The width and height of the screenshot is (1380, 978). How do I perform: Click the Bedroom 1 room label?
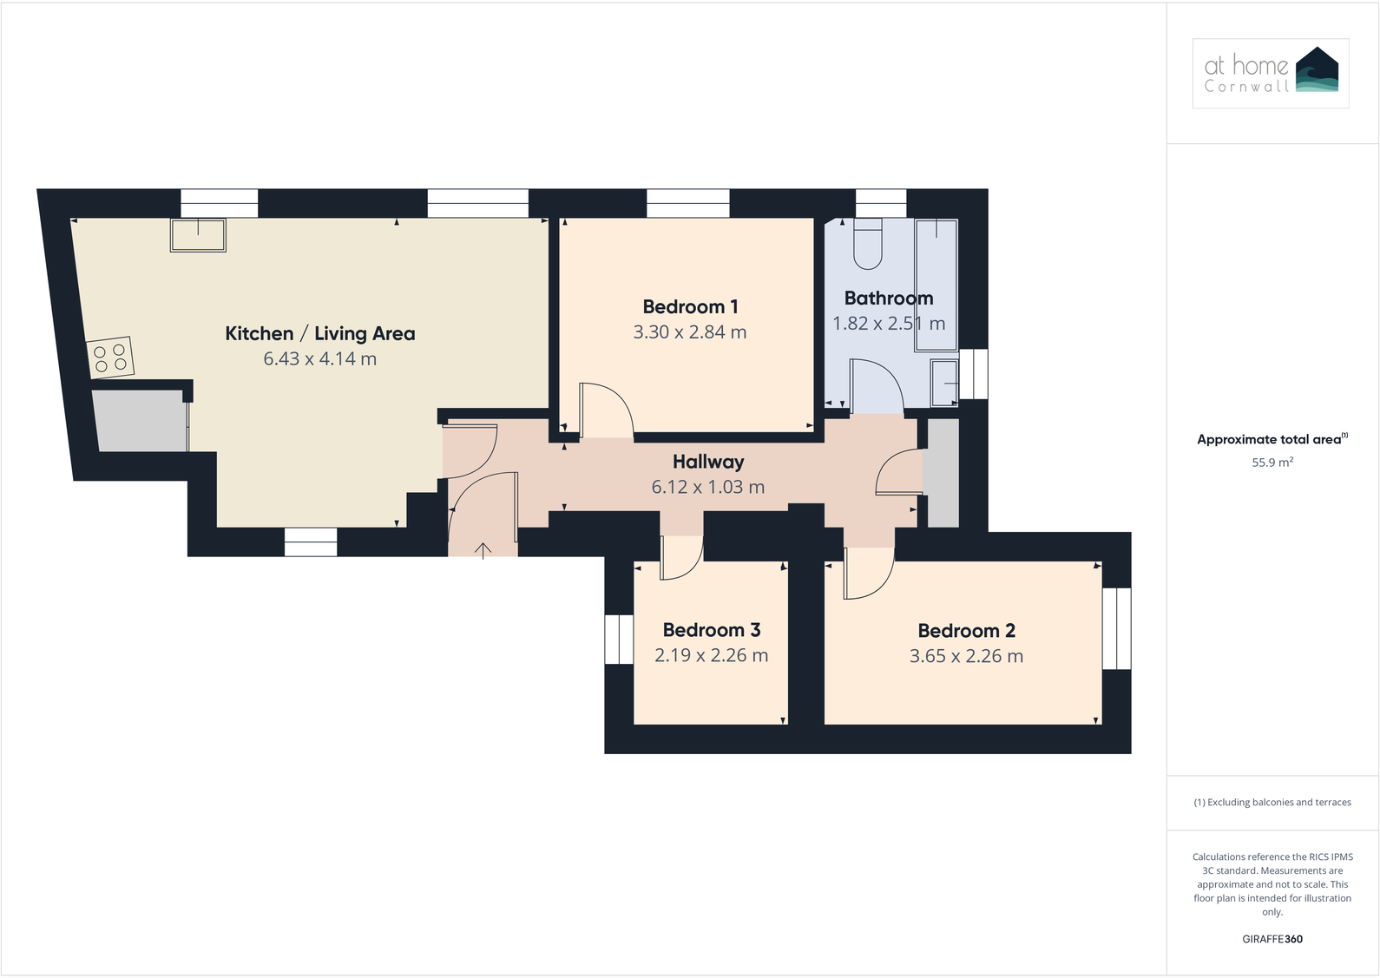[690, 307]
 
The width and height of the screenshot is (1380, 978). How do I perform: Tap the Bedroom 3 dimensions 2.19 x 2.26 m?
[711, 656]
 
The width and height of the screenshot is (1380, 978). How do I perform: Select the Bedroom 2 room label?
[966, 631]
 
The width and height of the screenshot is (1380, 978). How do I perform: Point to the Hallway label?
[708, 463]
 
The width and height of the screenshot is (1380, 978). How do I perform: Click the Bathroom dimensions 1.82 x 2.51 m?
[888, 324]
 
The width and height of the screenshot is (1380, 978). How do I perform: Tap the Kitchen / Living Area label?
[319, 334]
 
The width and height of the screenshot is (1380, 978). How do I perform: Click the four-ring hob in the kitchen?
[110, 358]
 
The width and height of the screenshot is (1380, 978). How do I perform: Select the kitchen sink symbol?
[198, 235]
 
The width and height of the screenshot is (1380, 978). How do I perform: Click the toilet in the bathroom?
[868, 243]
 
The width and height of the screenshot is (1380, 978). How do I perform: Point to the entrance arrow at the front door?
[483, 549]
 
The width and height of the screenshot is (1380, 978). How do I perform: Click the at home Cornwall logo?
[1270, 73]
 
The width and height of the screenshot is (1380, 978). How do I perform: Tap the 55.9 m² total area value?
[1272, 463]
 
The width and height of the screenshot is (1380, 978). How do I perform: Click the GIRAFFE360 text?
[1272, 939]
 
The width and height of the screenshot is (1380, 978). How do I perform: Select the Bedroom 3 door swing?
[680, 557]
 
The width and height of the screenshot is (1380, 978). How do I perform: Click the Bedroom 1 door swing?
[605, 410]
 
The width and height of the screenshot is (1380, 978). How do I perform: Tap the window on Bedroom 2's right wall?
[1116, 629]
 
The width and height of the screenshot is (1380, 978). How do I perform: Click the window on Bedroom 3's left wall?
[619, 640]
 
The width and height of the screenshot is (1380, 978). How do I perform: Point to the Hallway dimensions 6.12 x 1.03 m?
[708, 488]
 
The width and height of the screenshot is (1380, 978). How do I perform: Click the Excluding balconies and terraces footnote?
[1272, 803]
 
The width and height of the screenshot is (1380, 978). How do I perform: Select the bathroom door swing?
[877, 386]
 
